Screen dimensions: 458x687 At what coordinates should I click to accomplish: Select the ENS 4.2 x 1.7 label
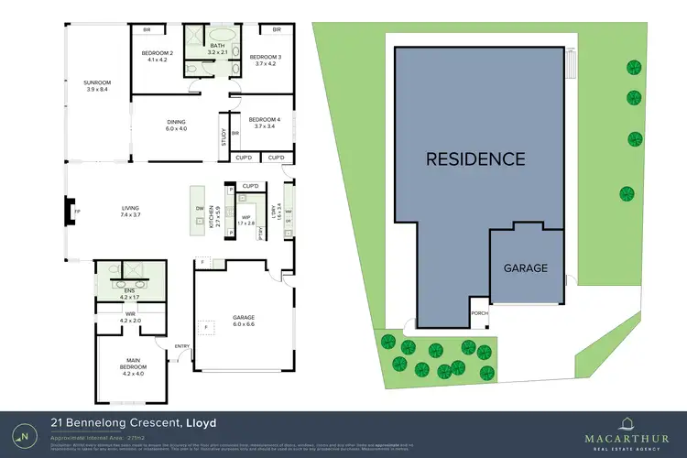[x=132, y=293]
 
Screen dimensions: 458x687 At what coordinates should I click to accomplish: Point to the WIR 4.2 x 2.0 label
[x=132, y=317]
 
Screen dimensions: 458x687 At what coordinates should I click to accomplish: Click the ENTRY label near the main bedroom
[x=182, y=345]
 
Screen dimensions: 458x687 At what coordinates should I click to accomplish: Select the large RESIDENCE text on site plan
[x=475, y=158]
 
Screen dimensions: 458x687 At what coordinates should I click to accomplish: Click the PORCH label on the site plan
[x=479, y=312]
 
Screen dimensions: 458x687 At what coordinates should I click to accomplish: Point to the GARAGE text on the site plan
[x=525, y=268]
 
